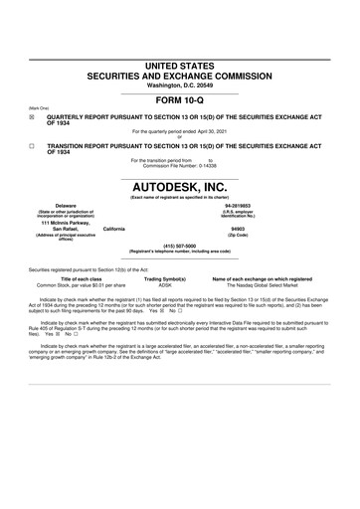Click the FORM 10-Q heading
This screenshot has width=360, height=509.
pyautogui.click(x=180, y=99)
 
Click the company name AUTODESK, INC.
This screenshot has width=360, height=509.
pyautogui.click(x=180, y=186)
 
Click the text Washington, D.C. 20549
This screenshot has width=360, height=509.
pyautogui.click(x=180, y=84)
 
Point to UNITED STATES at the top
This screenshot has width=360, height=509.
pyautogui.click(x=180, y=65)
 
